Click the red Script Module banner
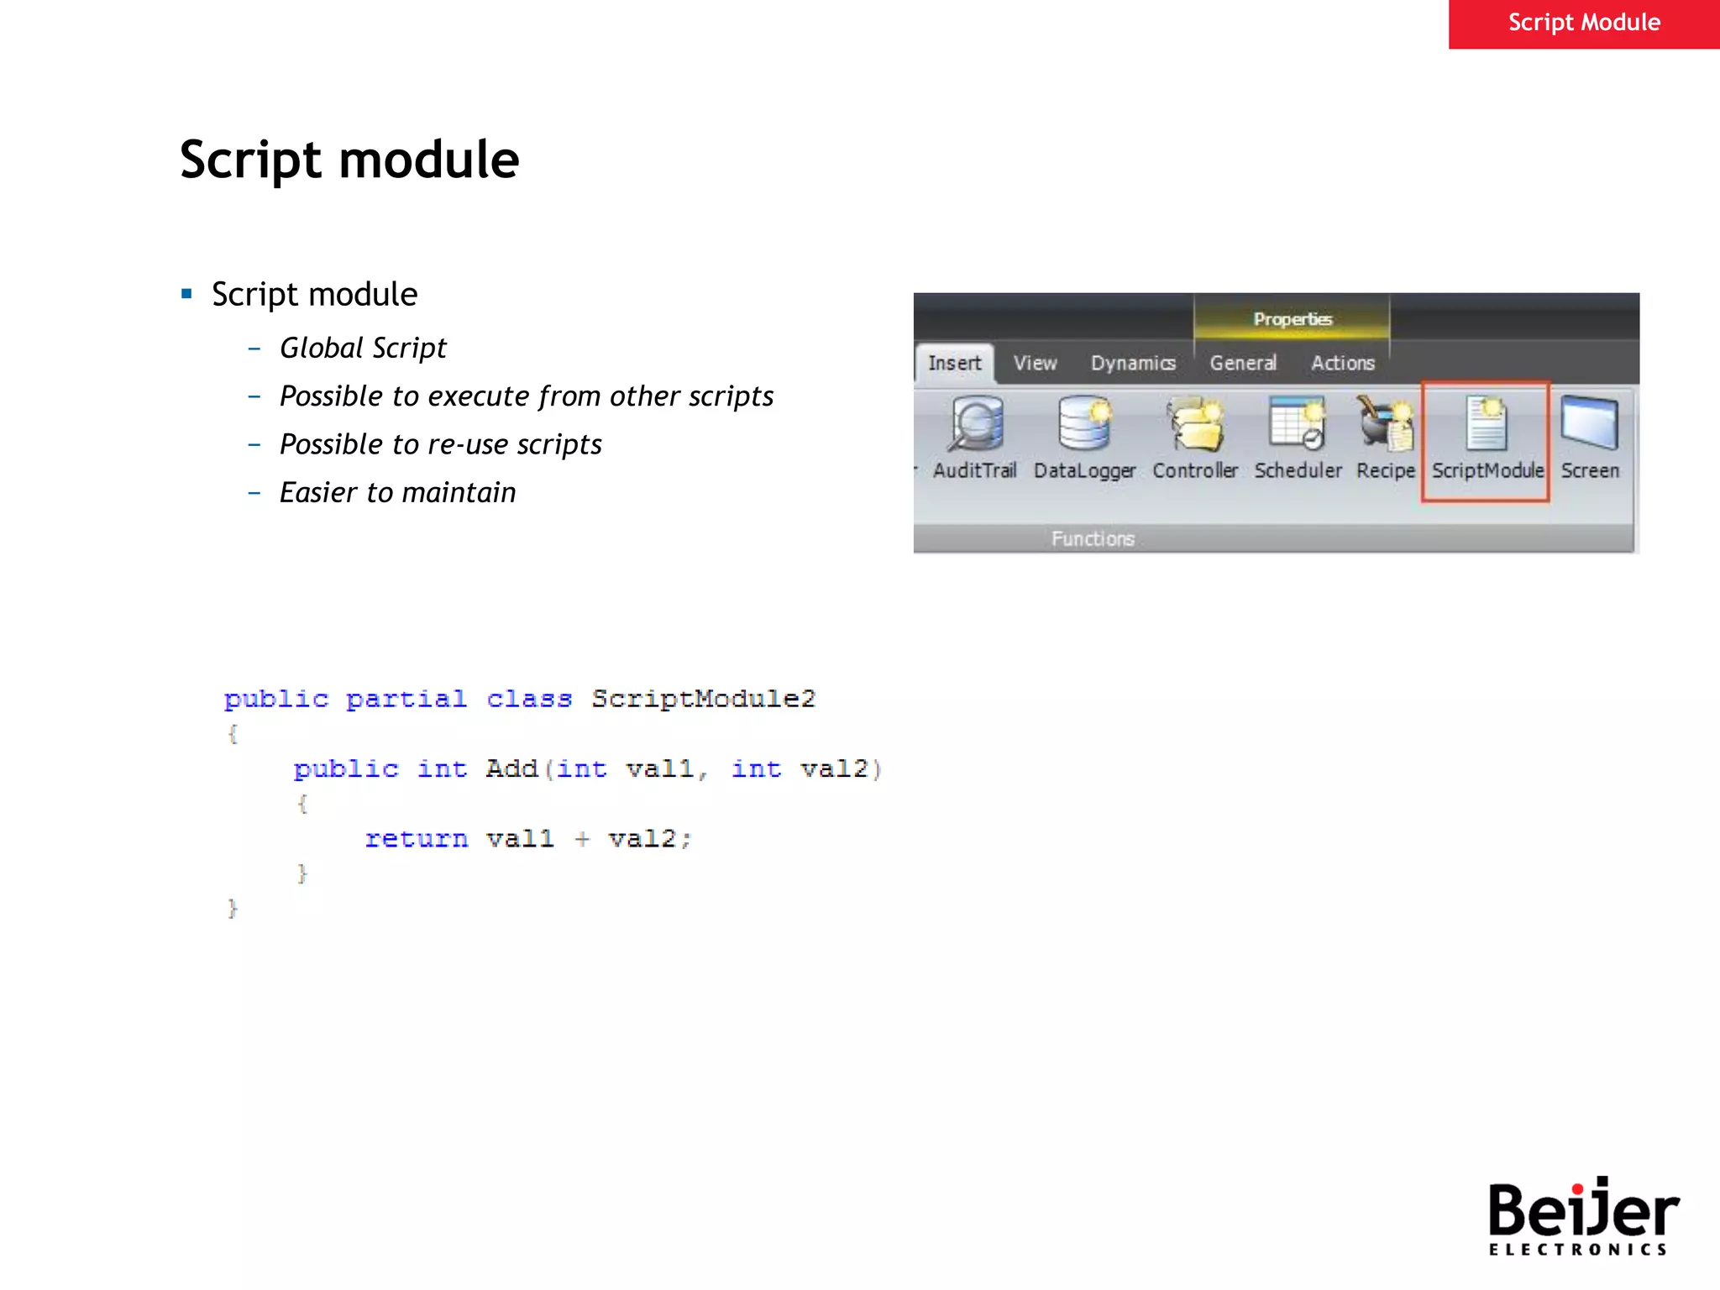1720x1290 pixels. point(1583,23)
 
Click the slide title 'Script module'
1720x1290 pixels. point(349,160)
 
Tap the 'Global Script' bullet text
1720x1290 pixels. point(363,348)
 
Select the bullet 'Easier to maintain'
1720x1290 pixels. point(397,493)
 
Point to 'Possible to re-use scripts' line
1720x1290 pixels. point(440,444)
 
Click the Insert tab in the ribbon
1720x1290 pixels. point(954,363)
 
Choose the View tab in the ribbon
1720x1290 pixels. point(1035,363)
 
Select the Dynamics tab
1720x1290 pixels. point(1133,363)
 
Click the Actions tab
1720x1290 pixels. point(1343,363)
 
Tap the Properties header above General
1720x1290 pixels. point(1293,319)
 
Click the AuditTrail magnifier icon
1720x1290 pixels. point(976,424)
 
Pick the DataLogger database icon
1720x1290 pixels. point(1084,424)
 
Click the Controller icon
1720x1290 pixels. point(1195,424)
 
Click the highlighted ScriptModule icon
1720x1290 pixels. point(1487,424)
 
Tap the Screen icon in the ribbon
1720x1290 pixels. point(1590,424)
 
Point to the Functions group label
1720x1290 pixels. point(1093,538)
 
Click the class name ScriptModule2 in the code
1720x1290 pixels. point(703,699)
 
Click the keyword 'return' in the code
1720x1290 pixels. point(417,839)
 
